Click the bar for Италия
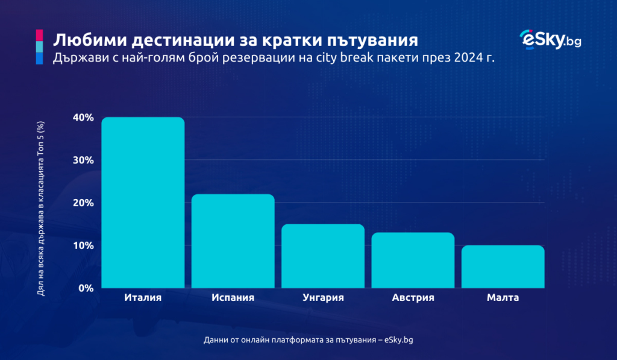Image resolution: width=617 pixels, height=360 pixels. tap(143, 203)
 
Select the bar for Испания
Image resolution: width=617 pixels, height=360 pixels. tap(233, 241)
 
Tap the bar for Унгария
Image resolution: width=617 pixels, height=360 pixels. tap(323, 256)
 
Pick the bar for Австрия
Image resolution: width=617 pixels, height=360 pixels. tap(413, 261)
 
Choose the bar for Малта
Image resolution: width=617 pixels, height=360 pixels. tap(503, 267)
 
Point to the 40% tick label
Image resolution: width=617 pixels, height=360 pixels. tap(83, 118)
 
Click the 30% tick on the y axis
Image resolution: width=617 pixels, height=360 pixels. tap(83, 160)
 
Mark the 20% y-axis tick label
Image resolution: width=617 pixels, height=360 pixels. tap(83, 203)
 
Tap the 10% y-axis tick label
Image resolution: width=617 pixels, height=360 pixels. tap(83, 245)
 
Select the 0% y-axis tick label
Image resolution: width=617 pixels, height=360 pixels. tap(86, 288)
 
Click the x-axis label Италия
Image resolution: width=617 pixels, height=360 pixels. tap(143, 298)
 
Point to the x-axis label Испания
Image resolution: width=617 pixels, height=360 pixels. tap(233, 298)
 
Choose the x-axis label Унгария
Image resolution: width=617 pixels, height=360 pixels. tap(323, 298)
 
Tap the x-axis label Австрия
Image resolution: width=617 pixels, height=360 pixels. tap(413, 298)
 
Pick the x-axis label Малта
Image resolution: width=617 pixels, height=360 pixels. tap(503, 298)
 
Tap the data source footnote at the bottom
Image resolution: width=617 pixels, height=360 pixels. tap(308, 340)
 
